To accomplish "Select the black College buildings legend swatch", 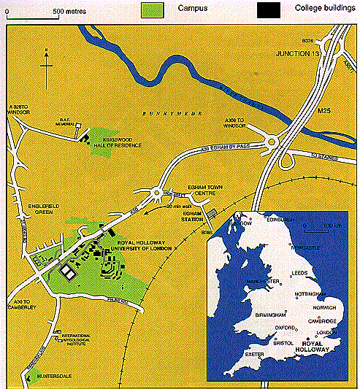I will pyautogui.click(x=268, y=10).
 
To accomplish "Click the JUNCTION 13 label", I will pyautogui.click(x=299, y=55).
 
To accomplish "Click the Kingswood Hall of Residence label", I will pyautogui.click(x=121, y=142).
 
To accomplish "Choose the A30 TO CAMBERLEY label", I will pyautogui.click(x=20, y=304).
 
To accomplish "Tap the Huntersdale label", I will pyautogui.click(x=49, y=379).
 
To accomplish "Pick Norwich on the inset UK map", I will pyautogui.click(x=324, y=307).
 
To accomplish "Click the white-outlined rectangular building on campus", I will pyautogui.click(x=67, y=271).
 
